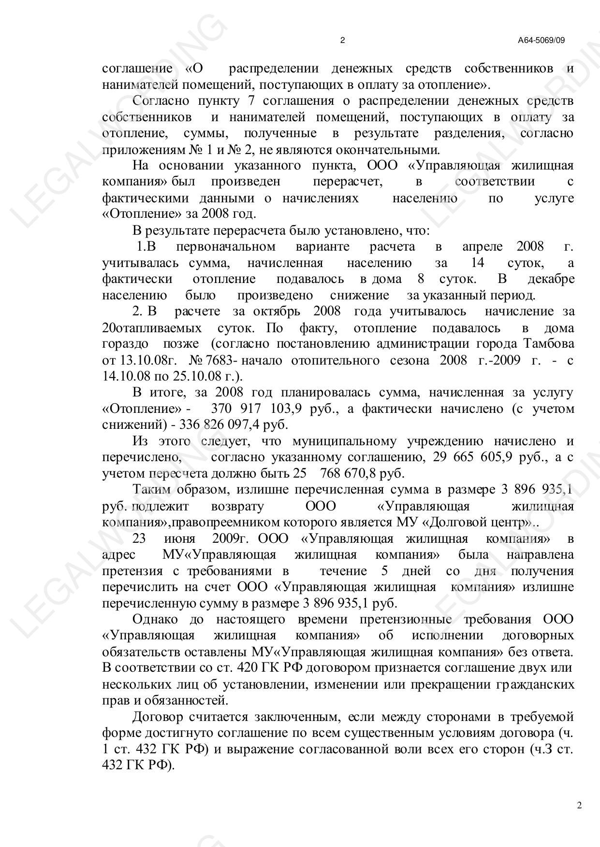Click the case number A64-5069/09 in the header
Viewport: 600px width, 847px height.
click(x=541, y=41)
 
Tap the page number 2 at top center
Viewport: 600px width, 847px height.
click(x=343, y=41)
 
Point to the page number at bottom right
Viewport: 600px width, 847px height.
click(x=580, y=805)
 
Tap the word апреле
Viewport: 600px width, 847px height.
click(x=483, y=247)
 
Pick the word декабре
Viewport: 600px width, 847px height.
click(x=551, y=279)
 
